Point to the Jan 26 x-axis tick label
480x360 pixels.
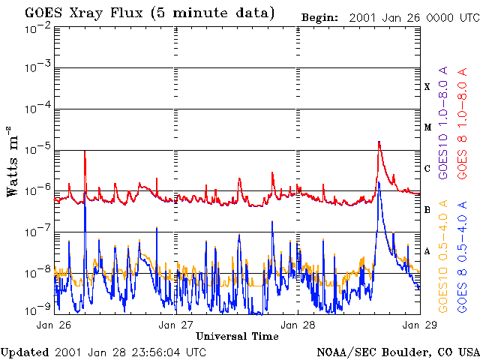point(53,325)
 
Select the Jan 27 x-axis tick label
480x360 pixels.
point(175,325)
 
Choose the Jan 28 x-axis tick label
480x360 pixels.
point(297,325)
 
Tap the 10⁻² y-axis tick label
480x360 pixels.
point(37,28)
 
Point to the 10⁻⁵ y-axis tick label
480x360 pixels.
point(37,150)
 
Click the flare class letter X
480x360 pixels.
point(427,87)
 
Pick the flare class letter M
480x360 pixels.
point(427,127)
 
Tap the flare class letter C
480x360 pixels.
point(427,169)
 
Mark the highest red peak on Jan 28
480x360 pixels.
point(379,142)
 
